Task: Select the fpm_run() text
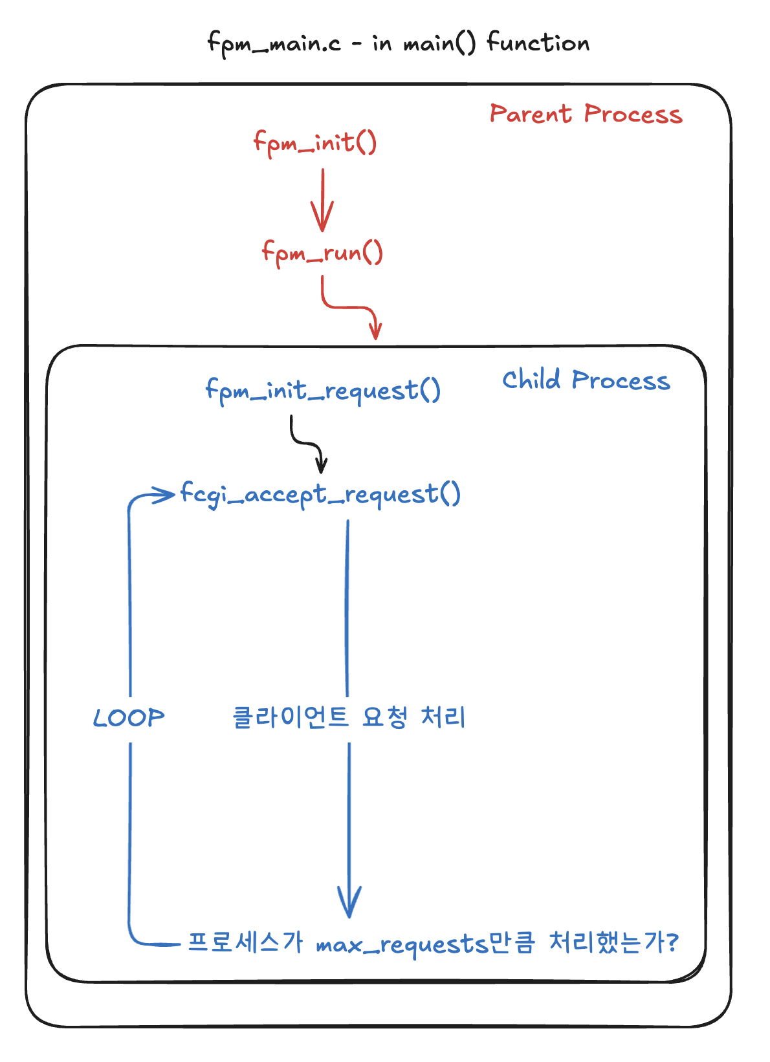click(x=322, y=252)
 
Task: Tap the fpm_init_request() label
click(x=323, y=391)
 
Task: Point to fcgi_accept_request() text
click(x=320, y=495)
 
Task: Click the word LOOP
click(x=129, y=718)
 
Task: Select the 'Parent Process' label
click(x=586, y=114)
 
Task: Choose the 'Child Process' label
click(x=586, y=380)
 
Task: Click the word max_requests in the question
click(x=401, y=945)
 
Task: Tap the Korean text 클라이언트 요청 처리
click(x=349, y=717)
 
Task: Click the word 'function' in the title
click(x=538, y=43)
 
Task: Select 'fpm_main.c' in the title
click(x=274, y=44)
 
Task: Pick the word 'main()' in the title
click(x=439, y=44)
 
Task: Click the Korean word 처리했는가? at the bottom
click(x=613, y=943)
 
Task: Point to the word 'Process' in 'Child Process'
click(x=621, y=381)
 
